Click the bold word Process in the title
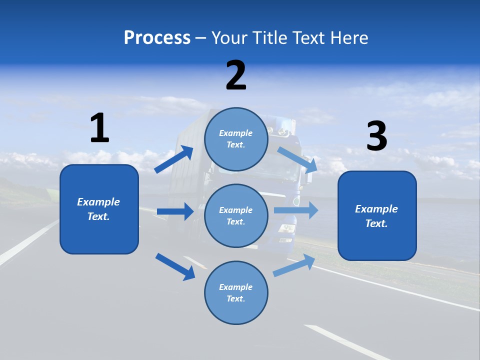(x=157, y=38)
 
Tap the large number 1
(x=99, y=128)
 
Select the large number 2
(x=236, y=75)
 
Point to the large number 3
(x=377, y=136)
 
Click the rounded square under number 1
(x=99, y=209)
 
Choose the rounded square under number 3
(x=377, y=216)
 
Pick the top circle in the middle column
(x=236, y=139)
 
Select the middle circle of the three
(x=236, y=215)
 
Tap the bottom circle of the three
(x=236, y=292)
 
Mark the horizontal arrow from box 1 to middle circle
(x=175, y=211)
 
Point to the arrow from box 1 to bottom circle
(x=175, y=266)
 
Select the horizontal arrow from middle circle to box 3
(x=296, y=210)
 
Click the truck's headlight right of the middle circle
(x=287, y=228)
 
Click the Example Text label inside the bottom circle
(x=236, y=292)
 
